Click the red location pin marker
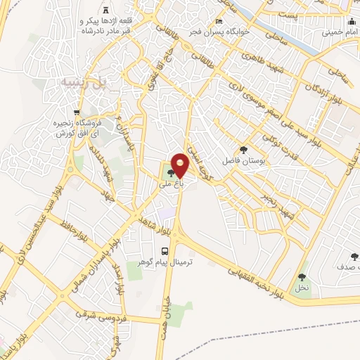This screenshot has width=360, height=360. pos(180,166)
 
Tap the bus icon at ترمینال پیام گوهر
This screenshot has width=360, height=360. pos(165,251)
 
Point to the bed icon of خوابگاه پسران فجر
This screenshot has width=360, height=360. pos(219,22)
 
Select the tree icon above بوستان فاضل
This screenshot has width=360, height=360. pos(243,149)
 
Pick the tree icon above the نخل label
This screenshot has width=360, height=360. pos(302,277)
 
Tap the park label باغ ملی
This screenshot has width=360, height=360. pos(170,183)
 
